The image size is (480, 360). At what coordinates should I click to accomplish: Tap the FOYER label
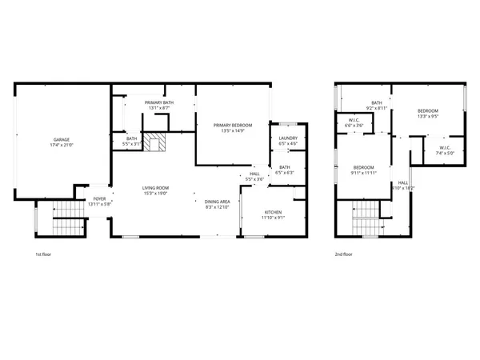click(100, 198)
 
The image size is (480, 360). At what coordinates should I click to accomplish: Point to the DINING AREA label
click(218, 202)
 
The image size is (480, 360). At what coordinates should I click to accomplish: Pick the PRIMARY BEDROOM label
click(232, 126)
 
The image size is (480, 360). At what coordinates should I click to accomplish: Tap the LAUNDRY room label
click(287, 138)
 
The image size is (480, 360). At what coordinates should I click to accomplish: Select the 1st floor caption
click(44, 254)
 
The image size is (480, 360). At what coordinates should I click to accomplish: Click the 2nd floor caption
click(344, 254)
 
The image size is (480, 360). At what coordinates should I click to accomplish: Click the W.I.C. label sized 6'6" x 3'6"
click(354, 122)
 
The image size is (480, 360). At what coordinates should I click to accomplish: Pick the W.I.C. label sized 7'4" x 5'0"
click(446, 147)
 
